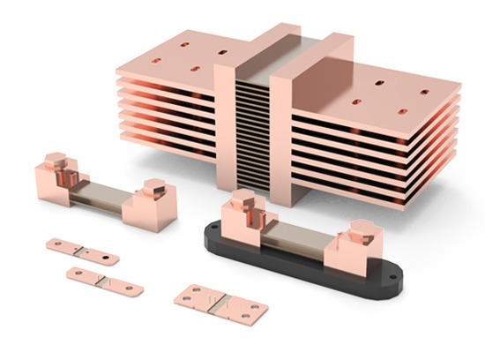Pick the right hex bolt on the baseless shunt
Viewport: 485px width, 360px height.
tap(153, 186)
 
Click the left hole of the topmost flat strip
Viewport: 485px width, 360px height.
tap(58, 243)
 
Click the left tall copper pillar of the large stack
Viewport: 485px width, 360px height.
tap(226, 124)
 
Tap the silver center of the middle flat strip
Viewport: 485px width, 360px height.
tap(104, 280)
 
